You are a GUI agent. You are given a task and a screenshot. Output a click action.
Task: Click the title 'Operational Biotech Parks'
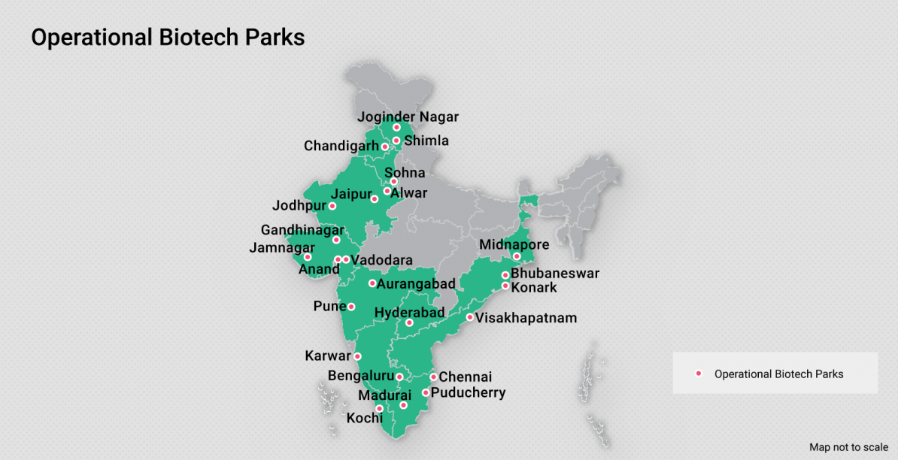pos(168,38)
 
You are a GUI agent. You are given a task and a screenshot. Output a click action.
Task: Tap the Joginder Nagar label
pos(408,117)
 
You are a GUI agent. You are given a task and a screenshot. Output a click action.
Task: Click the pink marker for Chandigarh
pos(385,147)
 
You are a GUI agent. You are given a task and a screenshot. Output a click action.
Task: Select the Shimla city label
pos(426,141)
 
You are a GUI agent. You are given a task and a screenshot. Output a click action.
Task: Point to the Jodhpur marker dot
pos(332,206)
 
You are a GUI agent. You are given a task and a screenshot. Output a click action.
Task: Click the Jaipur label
pos(351,194)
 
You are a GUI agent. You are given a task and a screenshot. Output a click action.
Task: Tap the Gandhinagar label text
pos(302,230)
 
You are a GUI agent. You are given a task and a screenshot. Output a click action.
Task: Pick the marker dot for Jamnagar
pos(308,257)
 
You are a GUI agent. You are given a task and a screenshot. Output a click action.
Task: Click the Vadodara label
pos(381,260)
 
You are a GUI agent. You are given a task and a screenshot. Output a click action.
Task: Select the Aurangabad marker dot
pos(372,283)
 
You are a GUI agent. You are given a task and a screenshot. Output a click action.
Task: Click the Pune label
pos(329,307)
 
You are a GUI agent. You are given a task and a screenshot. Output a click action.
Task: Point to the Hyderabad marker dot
pos(409,323)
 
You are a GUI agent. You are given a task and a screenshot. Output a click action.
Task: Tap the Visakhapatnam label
pos(526,318)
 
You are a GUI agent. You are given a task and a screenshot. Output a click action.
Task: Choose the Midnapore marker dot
pos(517,257)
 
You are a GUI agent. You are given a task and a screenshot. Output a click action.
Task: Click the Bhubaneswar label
pos(555,274)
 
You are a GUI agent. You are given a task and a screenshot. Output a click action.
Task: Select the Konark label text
pos(534,287)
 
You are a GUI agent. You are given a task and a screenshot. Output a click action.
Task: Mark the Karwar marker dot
pos(357,356)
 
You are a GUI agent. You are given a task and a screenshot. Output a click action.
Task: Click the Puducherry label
pos(468,392)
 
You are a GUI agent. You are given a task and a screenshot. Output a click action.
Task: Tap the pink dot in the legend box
pos(699,374)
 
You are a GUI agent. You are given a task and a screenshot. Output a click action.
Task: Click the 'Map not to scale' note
pos(848,447)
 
